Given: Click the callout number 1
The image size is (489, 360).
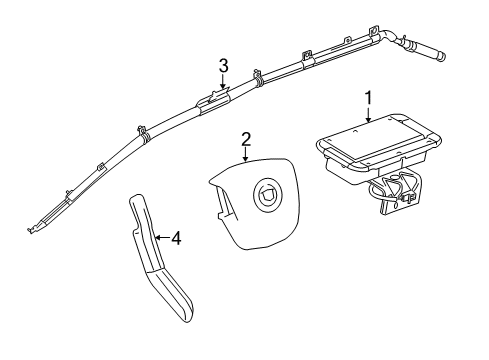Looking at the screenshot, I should (x=369, y=97).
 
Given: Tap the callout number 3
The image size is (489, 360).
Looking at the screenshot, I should (x=224, y=66).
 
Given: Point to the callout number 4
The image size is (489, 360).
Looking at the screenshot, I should (x=176, y=238).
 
